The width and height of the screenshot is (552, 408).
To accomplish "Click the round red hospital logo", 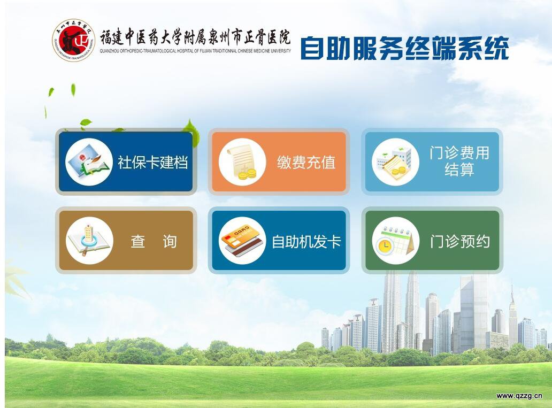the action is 74,40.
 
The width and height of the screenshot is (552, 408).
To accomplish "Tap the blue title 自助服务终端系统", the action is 404,48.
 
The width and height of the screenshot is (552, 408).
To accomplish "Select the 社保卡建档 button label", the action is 152,162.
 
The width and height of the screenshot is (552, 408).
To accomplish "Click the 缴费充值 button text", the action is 306,162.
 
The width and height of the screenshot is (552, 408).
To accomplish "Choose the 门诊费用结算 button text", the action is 459,161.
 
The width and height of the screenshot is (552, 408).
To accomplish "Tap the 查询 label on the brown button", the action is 154,242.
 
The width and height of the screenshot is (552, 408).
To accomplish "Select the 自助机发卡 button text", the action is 306,242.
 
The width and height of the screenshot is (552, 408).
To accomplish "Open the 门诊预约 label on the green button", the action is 459,242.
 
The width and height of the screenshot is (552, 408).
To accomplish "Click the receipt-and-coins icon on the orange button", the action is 242,162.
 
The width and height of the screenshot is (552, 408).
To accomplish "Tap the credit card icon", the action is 242,241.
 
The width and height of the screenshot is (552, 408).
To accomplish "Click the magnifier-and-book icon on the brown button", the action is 89,241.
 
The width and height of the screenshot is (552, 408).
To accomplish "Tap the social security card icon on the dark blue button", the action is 89,162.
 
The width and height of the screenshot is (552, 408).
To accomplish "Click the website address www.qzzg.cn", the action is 519,396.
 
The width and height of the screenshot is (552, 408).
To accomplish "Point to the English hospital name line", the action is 195,51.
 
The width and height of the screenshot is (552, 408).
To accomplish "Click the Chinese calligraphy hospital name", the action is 195,37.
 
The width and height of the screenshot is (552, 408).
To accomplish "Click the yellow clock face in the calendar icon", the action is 385,245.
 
